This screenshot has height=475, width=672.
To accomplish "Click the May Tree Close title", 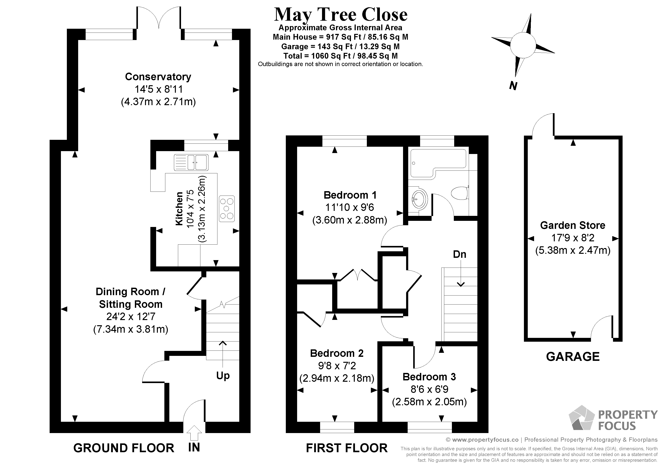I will (x=340, y=15).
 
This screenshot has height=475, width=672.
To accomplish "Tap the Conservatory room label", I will (x=158, y=77).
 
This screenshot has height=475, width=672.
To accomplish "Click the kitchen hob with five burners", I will (x=227, y=209).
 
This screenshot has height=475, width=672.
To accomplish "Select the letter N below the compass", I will (x=513, y=86).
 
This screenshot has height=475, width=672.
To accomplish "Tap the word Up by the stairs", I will (x=223, y=375).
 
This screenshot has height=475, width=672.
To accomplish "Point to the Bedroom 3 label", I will (x=429, y=377).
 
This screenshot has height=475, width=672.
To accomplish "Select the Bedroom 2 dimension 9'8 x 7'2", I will (x=337, y=366).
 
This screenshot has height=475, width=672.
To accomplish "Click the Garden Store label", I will (x=573, y=225).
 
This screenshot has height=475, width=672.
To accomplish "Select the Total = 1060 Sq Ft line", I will (x=340, y=56).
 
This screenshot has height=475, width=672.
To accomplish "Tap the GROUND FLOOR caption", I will (x=124, y=448).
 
